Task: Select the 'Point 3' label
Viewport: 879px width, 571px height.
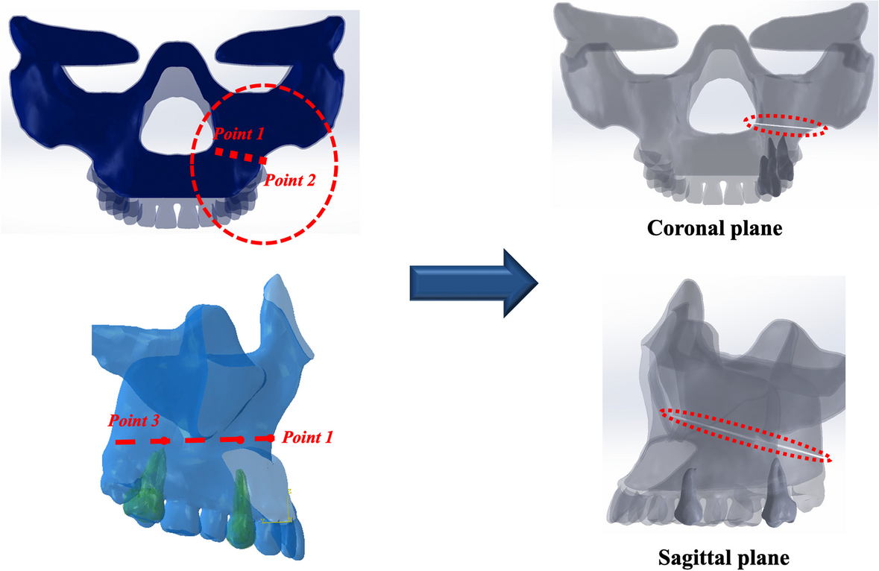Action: pyautogui.click(x=133, y=420)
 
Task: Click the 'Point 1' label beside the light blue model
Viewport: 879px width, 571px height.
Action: pyautogui.click(x=306, y=438)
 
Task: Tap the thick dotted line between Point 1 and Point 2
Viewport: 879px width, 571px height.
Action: pyautogui.click(x=239, y=155)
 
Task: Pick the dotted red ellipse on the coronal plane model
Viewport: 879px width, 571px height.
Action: pyautogui.click(x=787, y=125)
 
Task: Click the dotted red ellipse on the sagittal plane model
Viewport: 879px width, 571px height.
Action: pyautogui.click(x=746, y=435)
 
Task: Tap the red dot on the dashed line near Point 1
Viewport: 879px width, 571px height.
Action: pyautogui.click(x=240, y=440)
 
